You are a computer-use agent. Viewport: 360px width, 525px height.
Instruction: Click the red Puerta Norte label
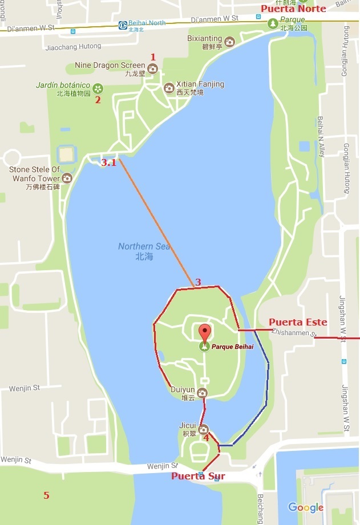tap(293, 9)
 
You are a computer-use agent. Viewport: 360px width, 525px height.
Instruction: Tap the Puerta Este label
tap(298, 322)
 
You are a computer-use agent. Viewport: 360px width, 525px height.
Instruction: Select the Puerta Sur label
tap(198, 477)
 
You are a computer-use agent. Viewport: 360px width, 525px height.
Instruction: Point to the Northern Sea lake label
tap(144, 251)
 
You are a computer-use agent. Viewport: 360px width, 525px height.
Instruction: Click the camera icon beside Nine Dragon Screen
tap(152, 69)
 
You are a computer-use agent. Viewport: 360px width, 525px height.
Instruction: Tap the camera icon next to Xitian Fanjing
tap(169, 88)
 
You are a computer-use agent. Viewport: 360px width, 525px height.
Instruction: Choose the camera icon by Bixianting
tap(229, 42)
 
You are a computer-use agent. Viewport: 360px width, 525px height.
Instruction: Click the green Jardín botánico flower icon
tap(98, 88)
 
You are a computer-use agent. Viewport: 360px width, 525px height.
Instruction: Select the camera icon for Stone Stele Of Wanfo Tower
tap(67, 178)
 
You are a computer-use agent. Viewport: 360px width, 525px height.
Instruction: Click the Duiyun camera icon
tap(202, 393)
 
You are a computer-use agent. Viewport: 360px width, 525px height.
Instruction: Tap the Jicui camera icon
tap(203, 429)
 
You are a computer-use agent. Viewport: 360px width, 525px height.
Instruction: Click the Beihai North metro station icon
tap(123, 25)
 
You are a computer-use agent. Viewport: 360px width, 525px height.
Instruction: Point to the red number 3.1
tap(108, 162)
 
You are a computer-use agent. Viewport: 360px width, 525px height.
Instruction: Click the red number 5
tap(46, 495)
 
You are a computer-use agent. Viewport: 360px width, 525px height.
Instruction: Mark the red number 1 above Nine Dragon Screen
tap(152, 56)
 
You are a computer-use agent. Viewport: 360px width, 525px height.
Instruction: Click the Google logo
tap(305, 507)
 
